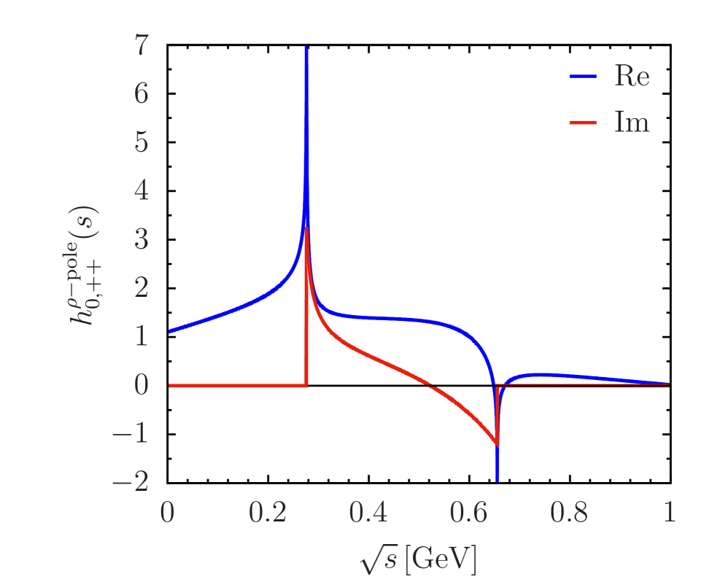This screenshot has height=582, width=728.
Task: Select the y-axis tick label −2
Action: pos(131,481)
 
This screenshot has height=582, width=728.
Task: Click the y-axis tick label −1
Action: pos(131,433)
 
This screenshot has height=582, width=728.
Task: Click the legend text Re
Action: pos(632,77)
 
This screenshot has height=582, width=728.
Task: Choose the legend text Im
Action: pos(632,123)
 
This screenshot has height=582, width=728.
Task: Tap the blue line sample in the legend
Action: pos(583,77)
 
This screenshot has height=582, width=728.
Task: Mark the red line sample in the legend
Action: pos(583,123)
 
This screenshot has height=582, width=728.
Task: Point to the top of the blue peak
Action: pos(306,48)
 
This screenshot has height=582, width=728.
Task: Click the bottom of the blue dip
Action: pos(497,481)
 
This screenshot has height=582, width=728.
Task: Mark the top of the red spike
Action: pos(306,228)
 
